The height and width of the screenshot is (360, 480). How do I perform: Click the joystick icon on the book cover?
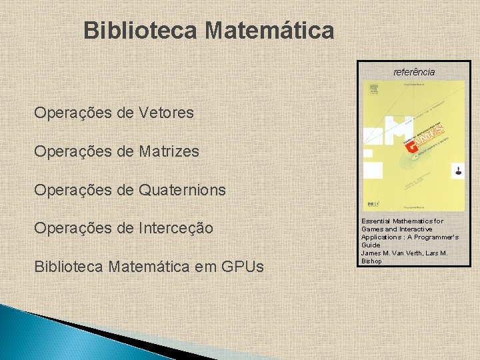point(457,171)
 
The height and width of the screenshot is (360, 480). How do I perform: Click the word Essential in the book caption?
point(377,221)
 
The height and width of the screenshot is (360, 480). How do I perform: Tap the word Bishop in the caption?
point(372,261)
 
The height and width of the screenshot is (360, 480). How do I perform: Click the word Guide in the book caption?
point(371,245)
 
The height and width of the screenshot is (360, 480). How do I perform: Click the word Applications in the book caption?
point(383,237)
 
